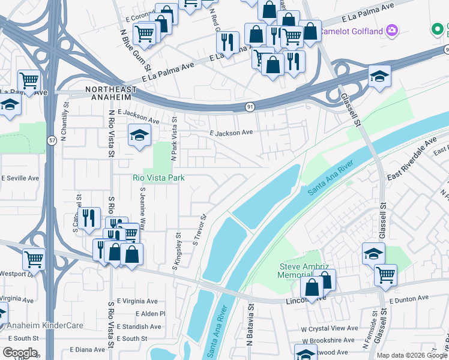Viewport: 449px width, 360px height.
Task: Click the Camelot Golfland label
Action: point(352,29)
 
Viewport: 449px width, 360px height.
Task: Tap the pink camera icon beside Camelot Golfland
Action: point(392,29)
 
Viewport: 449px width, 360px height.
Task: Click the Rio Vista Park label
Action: point(158,178)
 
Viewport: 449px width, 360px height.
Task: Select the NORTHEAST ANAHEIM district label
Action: point(116,89)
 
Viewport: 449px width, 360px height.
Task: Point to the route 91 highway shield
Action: point(249,106)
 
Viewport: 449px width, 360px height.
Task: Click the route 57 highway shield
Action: point(52,140)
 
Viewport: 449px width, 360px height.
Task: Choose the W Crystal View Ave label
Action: point(330,328)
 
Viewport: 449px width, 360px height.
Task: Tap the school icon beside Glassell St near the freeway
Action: point(379,76)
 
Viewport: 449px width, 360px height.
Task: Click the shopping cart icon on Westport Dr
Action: point(34,259)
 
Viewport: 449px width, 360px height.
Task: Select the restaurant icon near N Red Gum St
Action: point(227,42)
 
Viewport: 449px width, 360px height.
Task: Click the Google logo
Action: point(19,353)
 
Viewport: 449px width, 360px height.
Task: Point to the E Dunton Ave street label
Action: point(409,298)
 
